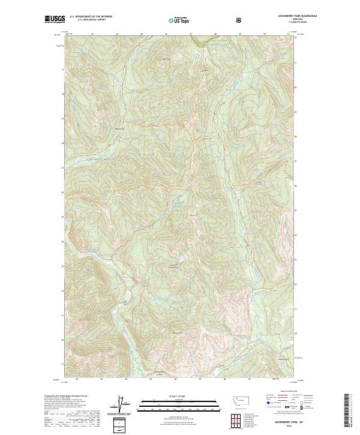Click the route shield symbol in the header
point(240,20)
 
